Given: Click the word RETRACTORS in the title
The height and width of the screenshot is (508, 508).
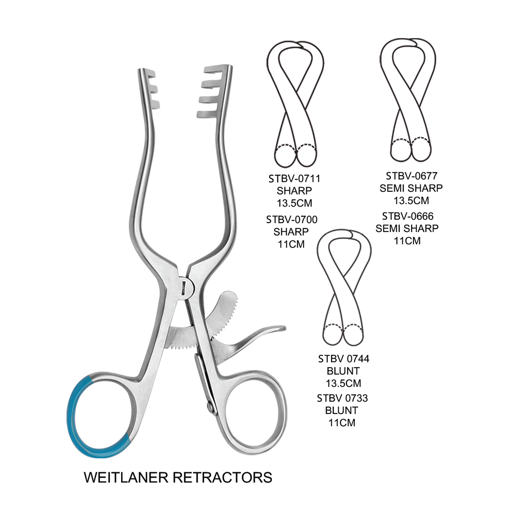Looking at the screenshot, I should (x=225, y=477).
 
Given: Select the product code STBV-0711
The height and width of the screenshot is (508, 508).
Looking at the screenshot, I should (x=294, y=179).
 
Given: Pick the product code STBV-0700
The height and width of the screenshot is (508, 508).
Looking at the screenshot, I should (x=292, y=220).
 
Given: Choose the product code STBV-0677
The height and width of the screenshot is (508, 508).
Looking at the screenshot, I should (x=411, y=176).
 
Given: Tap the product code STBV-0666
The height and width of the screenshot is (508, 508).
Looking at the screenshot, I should (x=408, y=216).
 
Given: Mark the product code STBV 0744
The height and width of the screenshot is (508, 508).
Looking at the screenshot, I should (x=343, y=359).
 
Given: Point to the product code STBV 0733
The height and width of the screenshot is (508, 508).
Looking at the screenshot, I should (x=342, y=398).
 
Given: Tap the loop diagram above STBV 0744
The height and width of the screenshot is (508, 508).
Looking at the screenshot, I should (x=344, y=288).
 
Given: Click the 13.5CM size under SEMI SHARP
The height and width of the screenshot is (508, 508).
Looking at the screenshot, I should (x=411, y=200).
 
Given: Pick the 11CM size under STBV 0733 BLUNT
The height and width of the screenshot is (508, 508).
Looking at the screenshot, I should (x=342, y=422).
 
